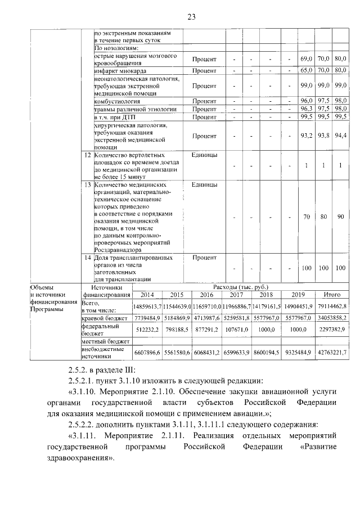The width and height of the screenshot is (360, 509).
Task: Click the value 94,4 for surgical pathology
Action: click(x=339, y=136)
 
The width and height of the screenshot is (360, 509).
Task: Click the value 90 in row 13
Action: click(x=340, y=217)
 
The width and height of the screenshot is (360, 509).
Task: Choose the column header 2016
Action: click(x=206, y=294)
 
